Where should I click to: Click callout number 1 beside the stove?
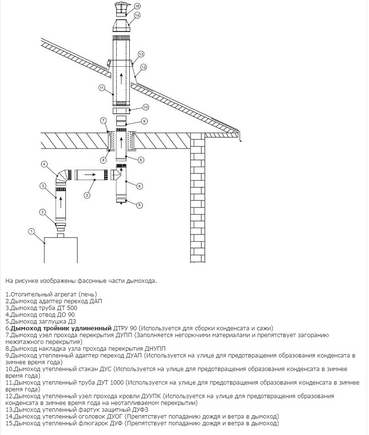coord(31,231)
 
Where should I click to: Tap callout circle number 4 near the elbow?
coord(44,165)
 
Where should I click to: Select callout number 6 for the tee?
coord(139,186)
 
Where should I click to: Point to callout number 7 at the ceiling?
coord(103,120)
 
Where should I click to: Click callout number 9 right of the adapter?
coord(144,121)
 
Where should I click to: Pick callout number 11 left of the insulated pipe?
coord(102,88)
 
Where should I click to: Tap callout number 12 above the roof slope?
coord(143,66)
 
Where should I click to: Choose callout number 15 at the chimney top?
coord(137,6)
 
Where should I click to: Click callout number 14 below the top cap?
coord(137,16)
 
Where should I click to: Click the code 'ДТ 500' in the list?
coord(67,308)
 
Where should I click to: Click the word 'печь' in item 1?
coord(88,294)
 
